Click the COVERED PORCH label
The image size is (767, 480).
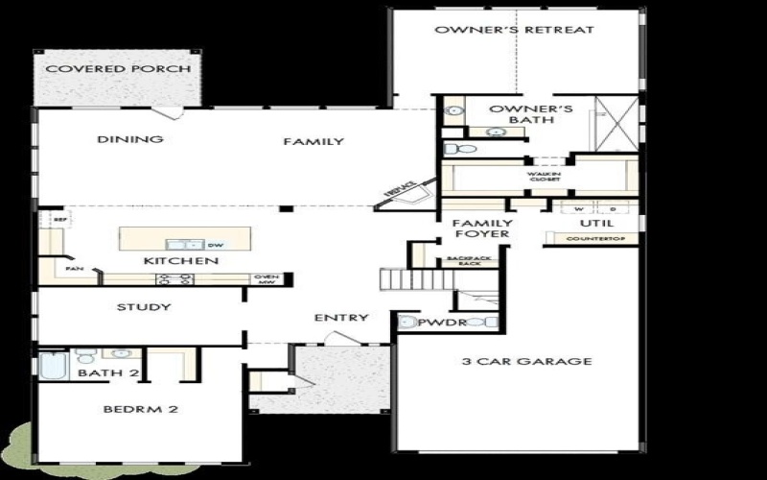click(x=119, y=69)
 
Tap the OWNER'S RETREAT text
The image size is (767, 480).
click(x=514, y=30)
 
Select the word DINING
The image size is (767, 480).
click(x=130, y=139)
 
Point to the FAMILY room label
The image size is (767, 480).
click(x=314, y=142)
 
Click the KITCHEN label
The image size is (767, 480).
click(x=181, y=261)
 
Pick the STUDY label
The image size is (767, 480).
click(x=144, y=307)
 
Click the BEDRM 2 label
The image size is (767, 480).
click(x=141, y=410)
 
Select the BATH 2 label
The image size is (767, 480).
click(x=109, y=372)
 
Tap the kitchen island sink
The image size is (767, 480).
click(x=185, y=245)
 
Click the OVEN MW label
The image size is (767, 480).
click(x=267, y=279)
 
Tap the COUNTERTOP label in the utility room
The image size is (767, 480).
click(x=590, y=238)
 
